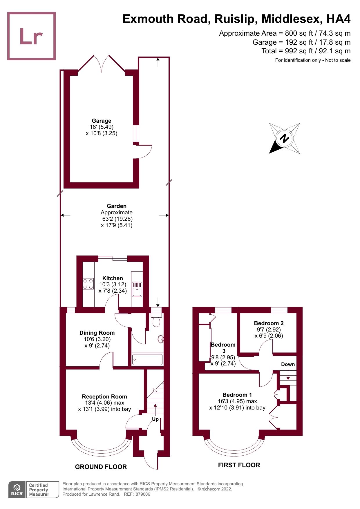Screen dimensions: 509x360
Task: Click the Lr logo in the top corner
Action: coord(31,36)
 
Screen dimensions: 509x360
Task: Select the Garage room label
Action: coord(102,121)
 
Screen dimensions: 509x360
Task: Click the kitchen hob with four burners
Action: coord(88,284)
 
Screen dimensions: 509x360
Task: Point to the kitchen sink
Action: coord(137,289)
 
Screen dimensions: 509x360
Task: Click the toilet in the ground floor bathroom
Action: coord(156,321)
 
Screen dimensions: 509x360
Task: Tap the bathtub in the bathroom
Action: coord(147,360)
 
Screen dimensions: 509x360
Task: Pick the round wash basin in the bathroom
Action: coord(161,339)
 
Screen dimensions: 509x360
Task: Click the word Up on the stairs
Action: coord(155,419)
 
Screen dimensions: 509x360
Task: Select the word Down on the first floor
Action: coord(288,364)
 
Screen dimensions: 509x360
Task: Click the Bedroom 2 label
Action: coord(269,323)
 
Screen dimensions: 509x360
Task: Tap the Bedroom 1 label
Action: coord(237,395)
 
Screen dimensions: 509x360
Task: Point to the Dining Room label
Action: coord(97,333)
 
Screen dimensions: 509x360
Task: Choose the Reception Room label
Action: coord(104,396)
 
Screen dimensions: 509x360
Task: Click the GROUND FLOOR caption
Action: coord(101,467)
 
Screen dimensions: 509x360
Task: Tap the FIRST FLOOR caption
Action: coord(239,465)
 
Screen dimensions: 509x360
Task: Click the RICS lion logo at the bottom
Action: coord(17,490)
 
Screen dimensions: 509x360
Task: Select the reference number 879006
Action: coord(143,494)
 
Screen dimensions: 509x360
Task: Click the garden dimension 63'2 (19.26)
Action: coord(117,219)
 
